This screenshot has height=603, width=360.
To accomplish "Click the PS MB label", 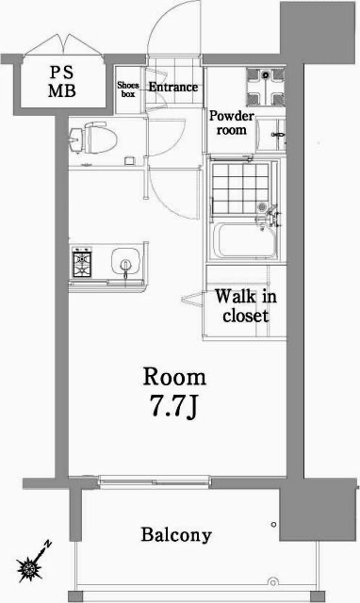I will click(x=63, y=83).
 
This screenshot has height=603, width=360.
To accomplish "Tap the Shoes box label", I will click(x=128, y=90).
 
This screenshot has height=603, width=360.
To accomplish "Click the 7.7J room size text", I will click(x=173, y=412).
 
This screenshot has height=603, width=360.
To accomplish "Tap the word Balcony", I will click(x=176, y=536).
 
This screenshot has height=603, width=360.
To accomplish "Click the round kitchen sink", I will click(x=122, y=261).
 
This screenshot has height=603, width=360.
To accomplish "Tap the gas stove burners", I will click(x=82, y=261).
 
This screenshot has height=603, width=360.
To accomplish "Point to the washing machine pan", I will click(x=266, y=88).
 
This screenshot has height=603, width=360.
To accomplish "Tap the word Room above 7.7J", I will click(x=173, y=377).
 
